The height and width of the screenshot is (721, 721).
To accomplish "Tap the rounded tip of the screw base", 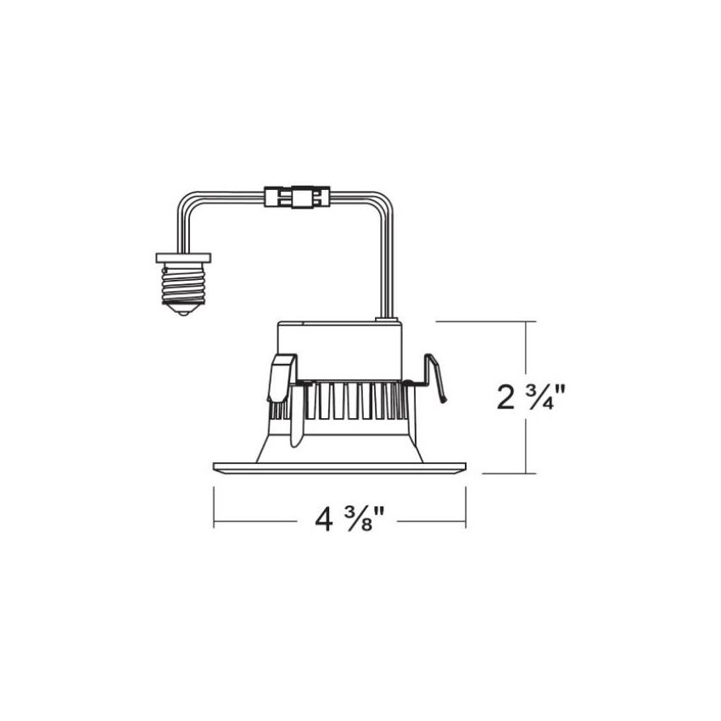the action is click(184, 313).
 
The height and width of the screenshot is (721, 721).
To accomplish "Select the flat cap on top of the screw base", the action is click(183, 258).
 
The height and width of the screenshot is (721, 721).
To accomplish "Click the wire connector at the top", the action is click(297, 197).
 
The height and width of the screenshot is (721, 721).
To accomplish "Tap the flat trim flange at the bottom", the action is click(340, 467).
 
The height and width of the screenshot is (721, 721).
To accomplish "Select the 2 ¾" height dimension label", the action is click(531, 397).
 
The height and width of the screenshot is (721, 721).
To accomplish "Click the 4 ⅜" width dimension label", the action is click(349, 519).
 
